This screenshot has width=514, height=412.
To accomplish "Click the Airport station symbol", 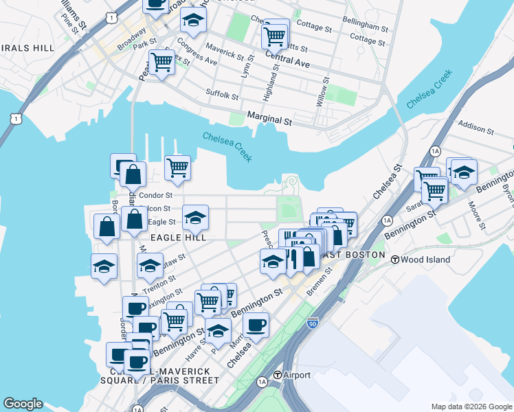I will (278, 376).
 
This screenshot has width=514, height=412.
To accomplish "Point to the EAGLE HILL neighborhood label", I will (179, 238).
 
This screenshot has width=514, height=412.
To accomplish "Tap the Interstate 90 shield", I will (313, 323).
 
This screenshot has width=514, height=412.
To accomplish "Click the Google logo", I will (23, 404).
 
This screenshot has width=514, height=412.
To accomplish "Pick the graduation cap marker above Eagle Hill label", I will (196, 218).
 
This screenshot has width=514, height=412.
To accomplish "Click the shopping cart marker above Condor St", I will (177, 167).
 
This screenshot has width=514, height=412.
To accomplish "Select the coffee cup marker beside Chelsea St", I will (256, 325).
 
